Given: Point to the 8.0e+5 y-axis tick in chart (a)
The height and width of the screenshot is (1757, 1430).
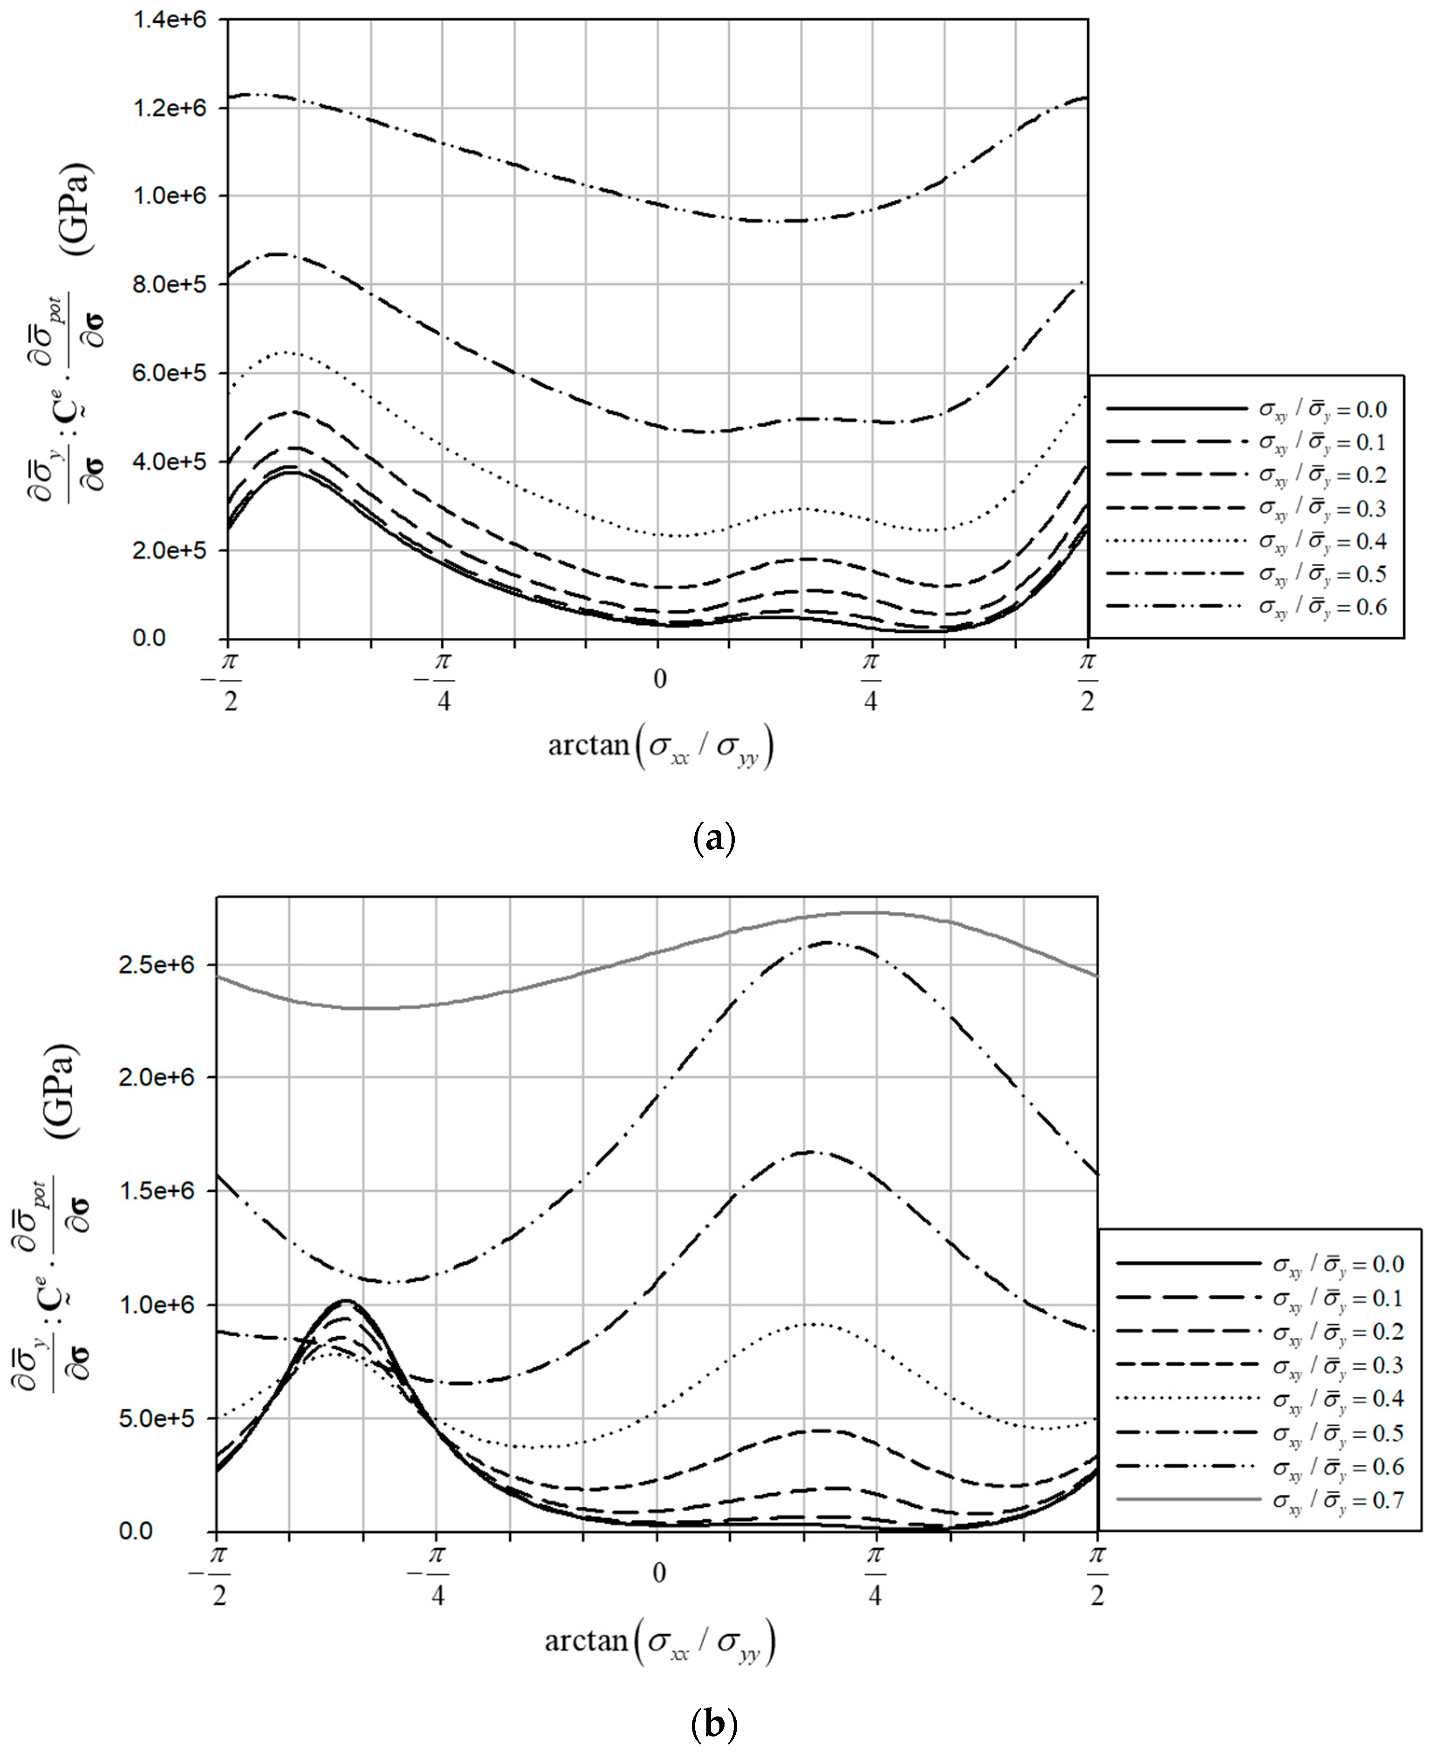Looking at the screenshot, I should coord(169,284).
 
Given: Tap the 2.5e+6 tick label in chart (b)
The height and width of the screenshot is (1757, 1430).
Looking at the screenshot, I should coord(157,964).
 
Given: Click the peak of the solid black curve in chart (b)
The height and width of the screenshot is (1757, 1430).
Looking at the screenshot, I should coord(346,1301).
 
